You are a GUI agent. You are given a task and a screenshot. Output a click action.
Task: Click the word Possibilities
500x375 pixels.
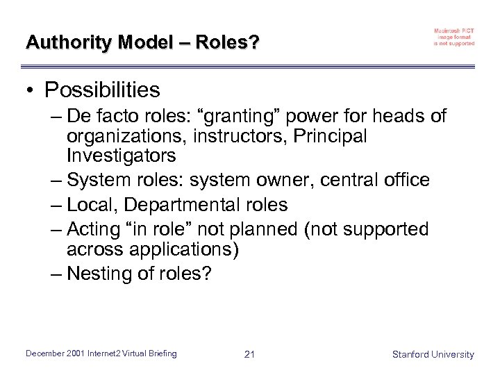click(x=102, y=90)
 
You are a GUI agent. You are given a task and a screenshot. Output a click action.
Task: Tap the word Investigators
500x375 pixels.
click(x=122, y=154)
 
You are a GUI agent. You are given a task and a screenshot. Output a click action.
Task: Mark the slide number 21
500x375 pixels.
click(x=250, y=354)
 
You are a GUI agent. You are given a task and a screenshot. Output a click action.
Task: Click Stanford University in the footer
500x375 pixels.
click(x=433, y=354)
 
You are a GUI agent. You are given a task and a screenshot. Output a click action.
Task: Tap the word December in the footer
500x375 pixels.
click(x=46, y=354)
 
